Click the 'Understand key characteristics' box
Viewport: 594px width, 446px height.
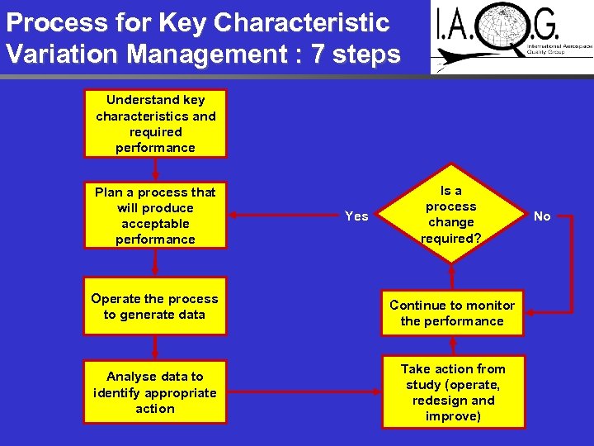[155, 124]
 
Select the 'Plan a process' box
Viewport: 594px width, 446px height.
[155, 216]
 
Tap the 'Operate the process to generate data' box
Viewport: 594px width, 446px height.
[155, 307]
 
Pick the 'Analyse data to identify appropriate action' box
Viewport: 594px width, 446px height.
[155, 392]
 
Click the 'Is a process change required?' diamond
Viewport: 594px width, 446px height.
[451, 216]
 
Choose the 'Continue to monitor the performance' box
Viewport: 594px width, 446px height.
[452, 313]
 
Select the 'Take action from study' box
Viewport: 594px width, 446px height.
[453, 392]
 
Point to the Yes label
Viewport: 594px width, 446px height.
[356, 216]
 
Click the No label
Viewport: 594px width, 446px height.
[542, 216]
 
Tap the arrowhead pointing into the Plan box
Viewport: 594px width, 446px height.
[233, 216]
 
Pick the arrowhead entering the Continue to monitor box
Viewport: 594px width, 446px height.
[531, 313]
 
